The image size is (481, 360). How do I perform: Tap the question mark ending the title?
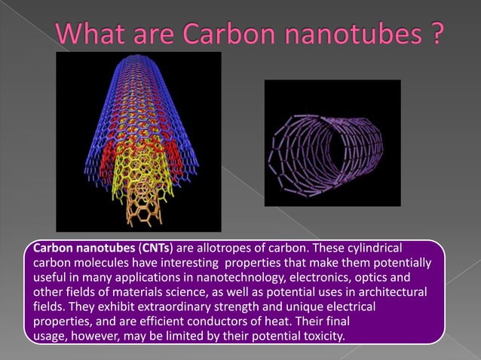coord(434,35)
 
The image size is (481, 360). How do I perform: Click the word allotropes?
coord(222,249)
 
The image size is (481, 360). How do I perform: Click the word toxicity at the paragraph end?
coord(322,335)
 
